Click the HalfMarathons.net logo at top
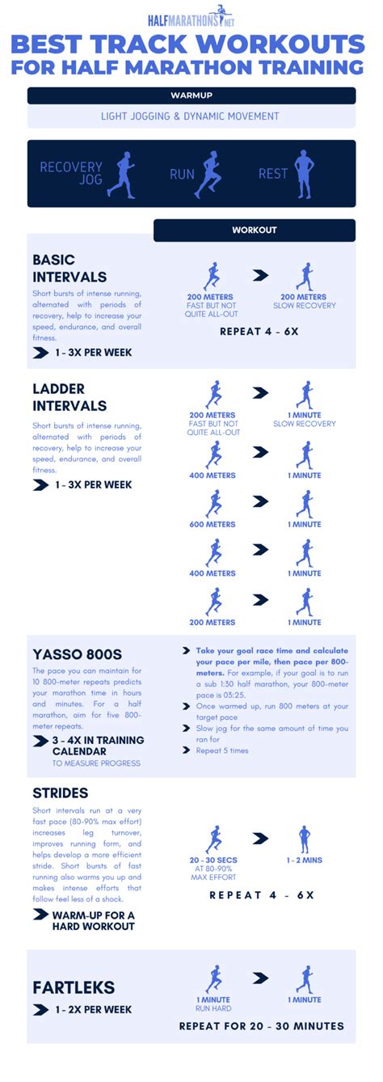(191, 18)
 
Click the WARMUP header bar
(191, 95)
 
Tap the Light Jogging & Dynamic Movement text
(191, 116)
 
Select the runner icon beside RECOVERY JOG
(124, 173)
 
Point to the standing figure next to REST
(303, 173)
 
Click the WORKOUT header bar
(255, 230)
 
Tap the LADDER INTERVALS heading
(69, 397)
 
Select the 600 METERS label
(213, 524)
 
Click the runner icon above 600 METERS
(213, 503)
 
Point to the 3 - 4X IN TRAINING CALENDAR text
(98, 746)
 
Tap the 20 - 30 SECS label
(213, 860)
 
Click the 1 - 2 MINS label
(304, 860)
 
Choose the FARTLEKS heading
(74, 987)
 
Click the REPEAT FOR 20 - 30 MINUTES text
(261, 1026)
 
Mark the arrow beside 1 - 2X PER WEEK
(40, 1009)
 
